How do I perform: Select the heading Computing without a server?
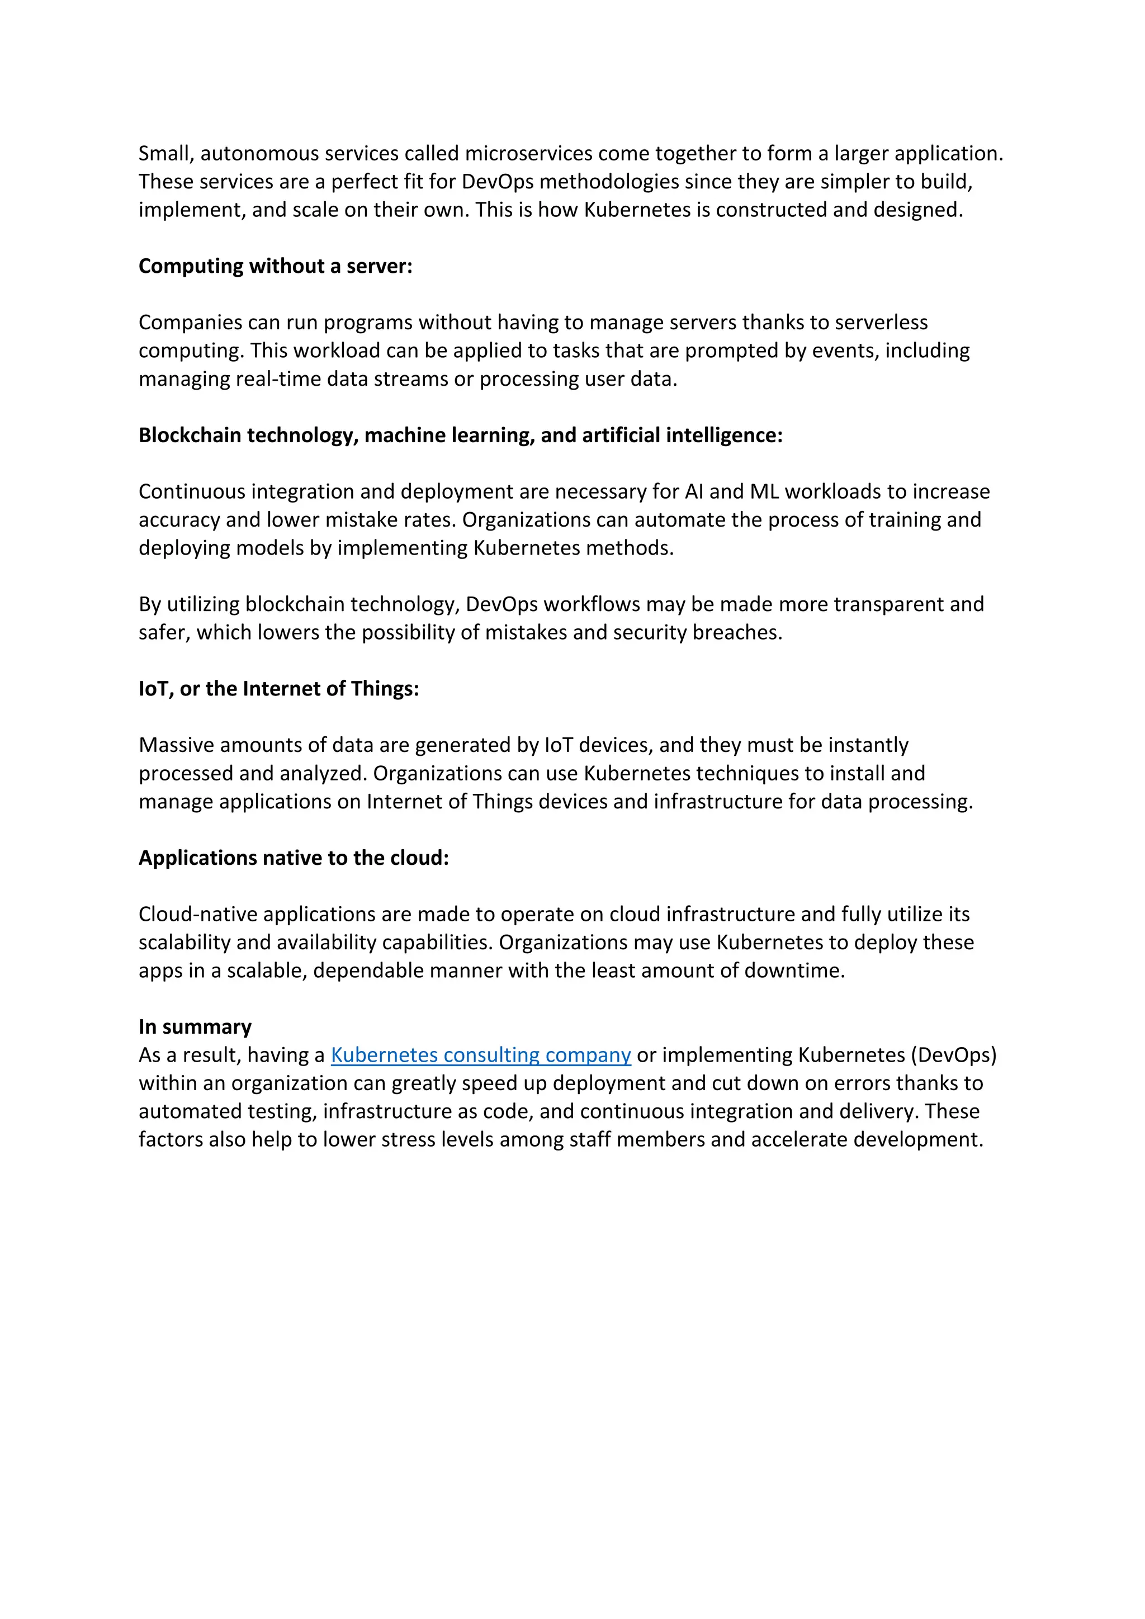pyautogui.click(x=275, y=266)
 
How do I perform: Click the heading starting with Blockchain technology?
pyautogui.click(x=460, y=435)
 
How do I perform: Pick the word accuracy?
pyautogui.click(x=179, y=520)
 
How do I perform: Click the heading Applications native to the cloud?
pyautogui.click(x=294, y=858)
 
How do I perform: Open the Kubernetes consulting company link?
pyautogui.click(x=480, y=1055)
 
